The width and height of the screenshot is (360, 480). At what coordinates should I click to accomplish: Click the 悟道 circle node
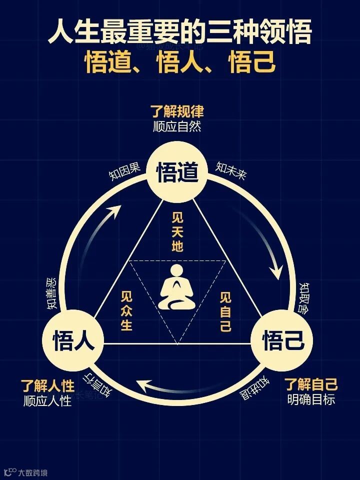(177, 172)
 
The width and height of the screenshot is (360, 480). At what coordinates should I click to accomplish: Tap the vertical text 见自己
(226, 311)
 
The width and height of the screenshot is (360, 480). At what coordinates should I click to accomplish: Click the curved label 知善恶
(52, 291)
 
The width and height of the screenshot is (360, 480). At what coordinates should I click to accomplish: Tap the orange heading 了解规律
(177, 111)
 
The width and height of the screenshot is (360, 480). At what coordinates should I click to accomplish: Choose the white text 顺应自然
(177, 125)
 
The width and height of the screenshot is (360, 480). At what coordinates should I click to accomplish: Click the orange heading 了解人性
(47, 385)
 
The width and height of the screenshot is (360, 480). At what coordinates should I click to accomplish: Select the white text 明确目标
(311, 400)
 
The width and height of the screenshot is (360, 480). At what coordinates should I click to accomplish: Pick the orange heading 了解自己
(311, 385)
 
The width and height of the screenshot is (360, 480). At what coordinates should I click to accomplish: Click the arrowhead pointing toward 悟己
(275, 272)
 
